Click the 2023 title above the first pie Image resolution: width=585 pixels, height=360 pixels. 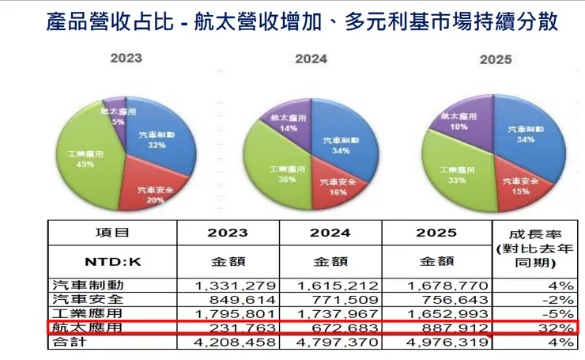[x=126, y=58]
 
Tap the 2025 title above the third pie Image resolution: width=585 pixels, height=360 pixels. [x=495, y=59]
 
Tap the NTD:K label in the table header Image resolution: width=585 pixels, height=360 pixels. [x=112, y=260]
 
